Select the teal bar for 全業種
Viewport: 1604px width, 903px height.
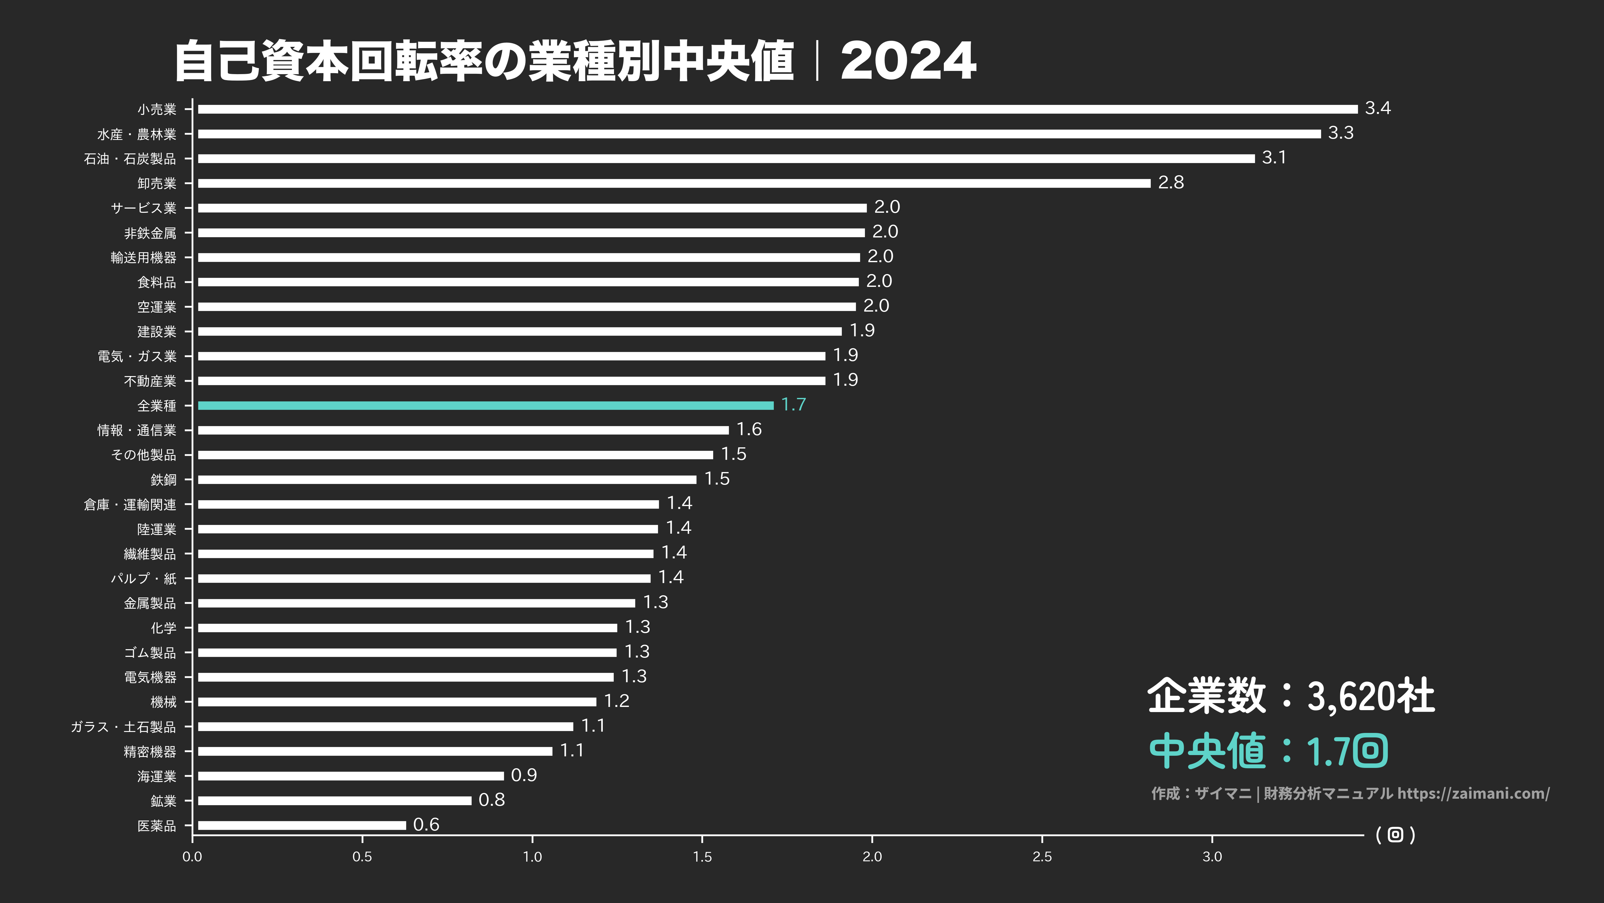486,405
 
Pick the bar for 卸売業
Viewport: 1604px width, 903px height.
674,183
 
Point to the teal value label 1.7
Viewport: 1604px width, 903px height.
793,405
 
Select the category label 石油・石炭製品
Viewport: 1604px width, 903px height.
130,159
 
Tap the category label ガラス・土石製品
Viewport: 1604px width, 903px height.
123,727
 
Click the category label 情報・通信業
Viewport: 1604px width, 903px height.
137,430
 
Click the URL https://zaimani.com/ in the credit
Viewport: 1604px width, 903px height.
1473,793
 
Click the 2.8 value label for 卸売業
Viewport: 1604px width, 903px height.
1171,183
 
